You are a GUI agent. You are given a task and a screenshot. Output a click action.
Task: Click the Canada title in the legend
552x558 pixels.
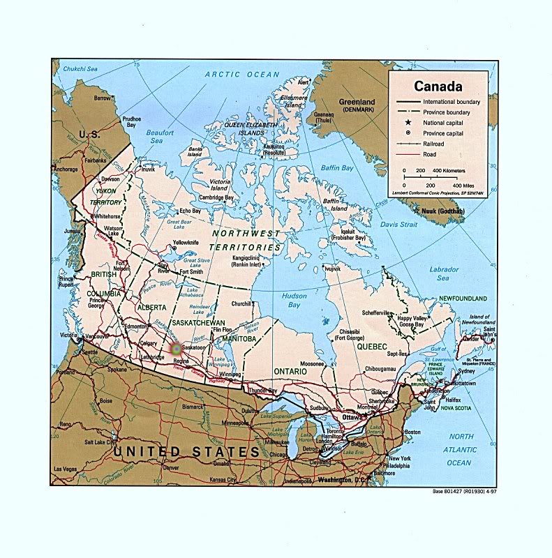point(438,86)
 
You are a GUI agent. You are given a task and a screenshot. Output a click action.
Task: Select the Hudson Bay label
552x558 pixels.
point(294,299)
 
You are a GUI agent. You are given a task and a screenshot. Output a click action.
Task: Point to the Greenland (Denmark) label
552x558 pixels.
point(357,106)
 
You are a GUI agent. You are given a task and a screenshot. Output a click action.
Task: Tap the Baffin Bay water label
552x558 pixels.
point(338,168)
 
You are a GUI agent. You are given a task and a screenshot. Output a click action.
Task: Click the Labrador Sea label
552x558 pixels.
point(444,273)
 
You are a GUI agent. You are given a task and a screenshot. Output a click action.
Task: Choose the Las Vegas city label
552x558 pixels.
point(67,468)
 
